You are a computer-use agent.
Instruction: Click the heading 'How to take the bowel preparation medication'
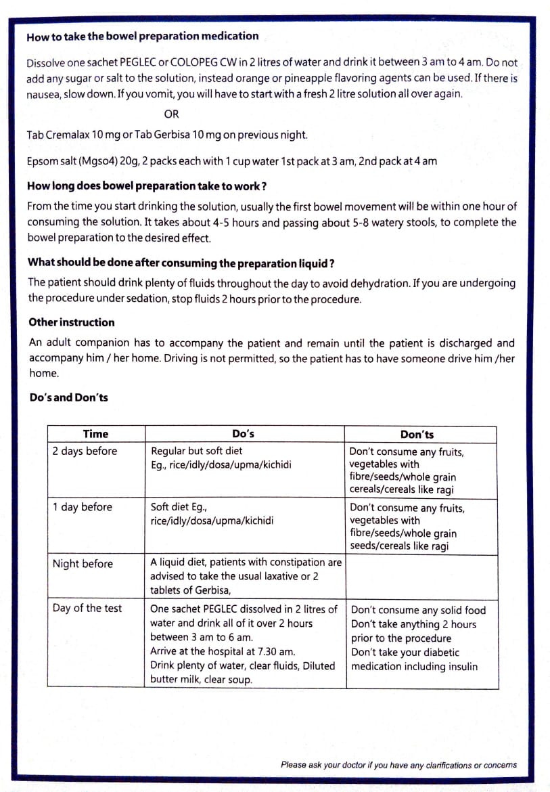tap(142, 37)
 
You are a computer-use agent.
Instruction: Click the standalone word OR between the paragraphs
tap(172, 114)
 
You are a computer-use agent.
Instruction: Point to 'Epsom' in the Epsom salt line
tap(42, 161)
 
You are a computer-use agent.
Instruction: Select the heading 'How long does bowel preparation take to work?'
tap(146, 186)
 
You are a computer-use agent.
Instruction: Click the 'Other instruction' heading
tap(72, 322)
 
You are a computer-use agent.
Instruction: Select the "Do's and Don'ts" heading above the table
tap(68, 397)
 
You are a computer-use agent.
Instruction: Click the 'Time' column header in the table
tap(95, 434)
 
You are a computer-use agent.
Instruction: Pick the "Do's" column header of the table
tap(243, 434)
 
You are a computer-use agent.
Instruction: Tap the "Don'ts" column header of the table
tap(417, 435)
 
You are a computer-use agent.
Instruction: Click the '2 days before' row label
tap(85, 451)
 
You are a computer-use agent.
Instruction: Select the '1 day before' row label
tap(83, 507)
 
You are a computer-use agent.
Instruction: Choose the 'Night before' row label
tap(83, 563)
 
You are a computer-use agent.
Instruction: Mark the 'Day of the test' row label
tap(87, 608)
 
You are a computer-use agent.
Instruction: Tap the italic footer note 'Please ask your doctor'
tap(398, 765)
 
